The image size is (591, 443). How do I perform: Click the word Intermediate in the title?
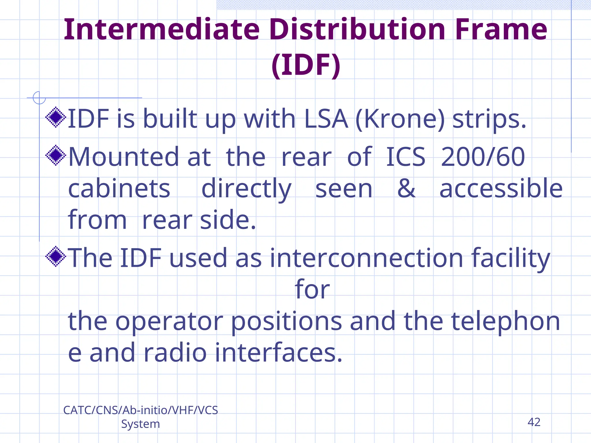(x=162, y=29)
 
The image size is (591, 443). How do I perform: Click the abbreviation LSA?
(x=326, y=119)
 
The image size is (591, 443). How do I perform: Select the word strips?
(x=489, y=119)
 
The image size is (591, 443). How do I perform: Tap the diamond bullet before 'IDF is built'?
(x=56, y=117)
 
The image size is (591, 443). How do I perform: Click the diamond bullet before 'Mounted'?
(x=56, y=155)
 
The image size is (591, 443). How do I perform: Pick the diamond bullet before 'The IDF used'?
(x=56, y=256)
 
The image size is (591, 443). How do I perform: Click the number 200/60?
(x=483, y=157)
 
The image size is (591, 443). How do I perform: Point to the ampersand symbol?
(x=406, y=189)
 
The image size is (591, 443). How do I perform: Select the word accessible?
(x=501, y=189)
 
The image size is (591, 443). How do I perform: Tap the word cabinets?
(x=119, y=189)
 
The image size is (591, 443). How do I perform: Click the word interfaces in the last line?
(x=278, y=353)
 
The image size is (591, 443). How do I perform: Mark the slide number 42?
(x=534, y=422)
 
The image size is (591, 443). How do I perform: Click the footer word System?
(x=140, y=424)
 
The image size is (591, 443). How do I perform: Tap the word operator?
(x=169, y=321)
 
